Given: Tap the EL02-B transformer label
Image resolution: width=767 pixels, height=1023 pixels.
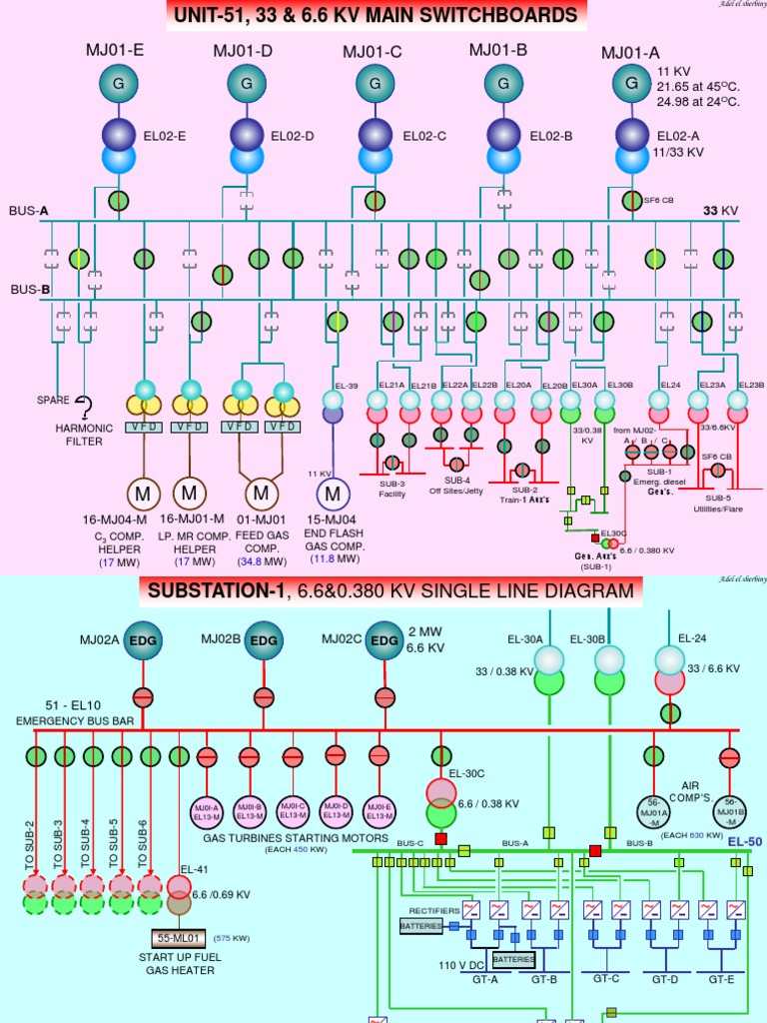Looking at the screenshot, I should pos(550,136).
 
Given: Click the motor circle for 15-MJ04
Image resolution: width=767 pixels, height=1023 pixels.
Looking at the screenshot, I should pos(332,494).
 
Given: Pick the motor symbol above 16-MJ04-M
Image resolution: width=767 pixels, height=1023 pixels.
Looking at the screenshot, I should pos(143,494).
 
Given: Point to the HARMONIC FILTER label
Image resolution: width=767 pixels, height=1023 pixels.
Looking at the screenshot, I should pos(84,435).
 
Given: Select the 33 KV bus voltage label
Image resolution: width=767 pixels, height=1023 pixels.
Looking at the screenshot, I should pos(719,211).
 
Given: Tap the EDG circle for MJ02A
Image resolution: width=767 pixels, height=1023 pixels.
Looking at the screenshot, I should pos(143,640).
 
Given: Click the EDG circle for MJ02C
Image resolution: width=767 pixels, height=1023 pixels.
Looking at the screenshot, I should pos(383,640).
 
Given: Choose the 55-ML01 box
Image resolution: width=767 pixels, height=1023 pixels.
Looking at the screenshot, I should pos(179,938).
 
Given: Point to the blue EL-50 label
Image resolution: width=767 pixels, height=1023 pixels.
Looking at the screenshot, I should pos(744,842).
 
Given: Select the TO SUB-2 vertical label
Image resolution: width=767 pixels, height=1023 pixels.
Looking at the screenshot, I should pos(30,844).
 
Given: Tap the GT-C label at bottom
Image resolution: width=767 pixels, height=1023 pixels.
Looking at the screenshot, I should pos(606,979).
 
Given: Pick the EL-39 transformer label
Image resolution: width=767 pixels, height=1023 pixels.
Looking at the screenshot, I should pos(346,386).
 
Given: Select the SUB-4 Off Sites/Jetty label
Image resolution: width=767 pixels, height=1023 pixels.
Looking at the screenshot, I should pos(449,486).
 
